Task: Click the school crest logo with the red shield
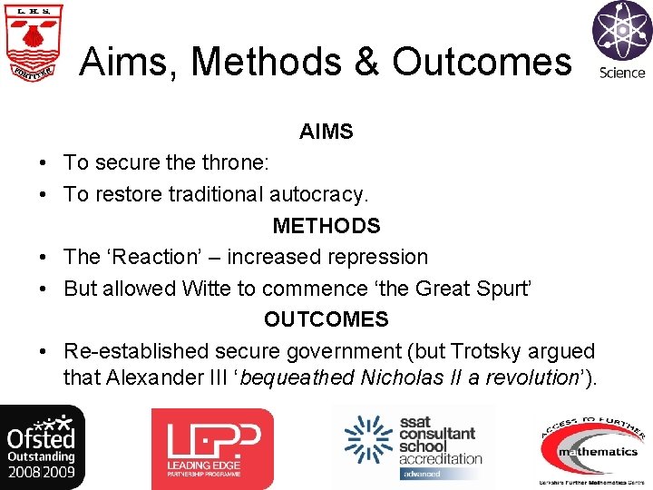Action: (32, 43)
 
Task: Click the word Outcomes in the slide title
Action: (482, 62)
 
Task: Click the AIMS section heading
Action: (326, 132)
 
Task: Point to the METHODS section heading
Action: (326, 225)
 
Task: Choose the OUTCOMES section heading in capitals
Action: (326, 319)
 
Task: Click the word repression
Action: (379, 257)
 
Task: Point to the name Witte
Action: (207, 289)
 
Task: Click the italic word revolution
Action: (524, 377)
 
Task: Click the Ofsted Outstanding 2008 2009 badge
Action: (43, 446)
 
